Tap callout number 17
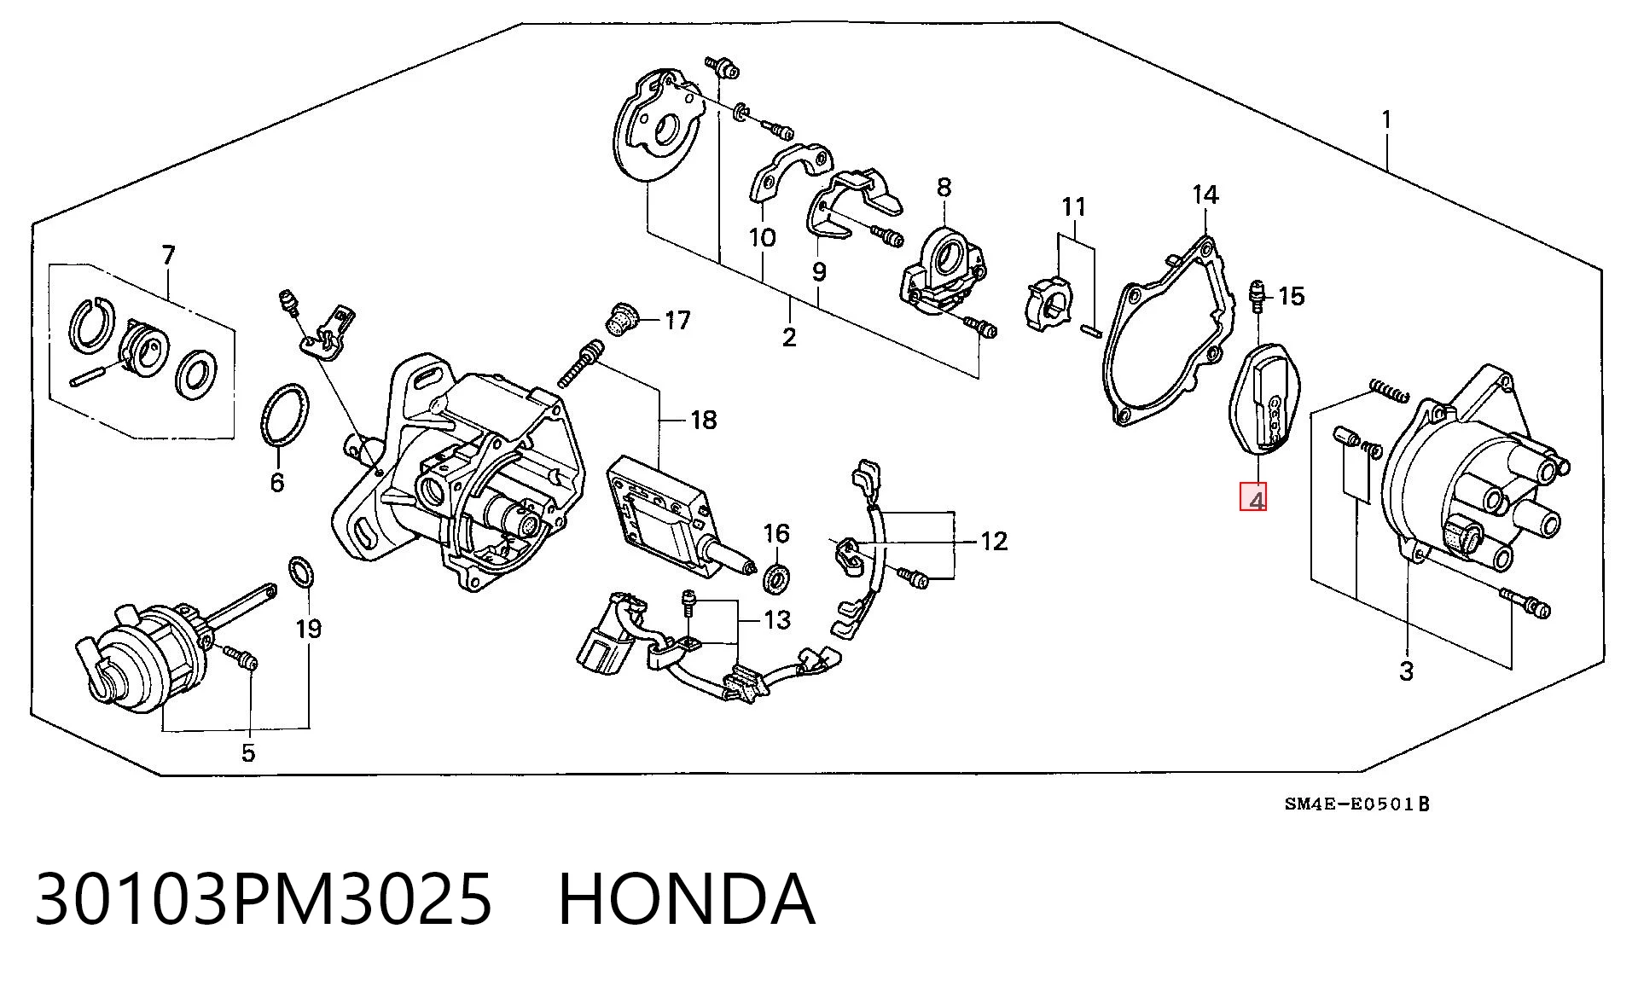pos(677,321)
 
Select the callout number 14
pos(1205,195)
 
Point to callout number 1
pos(1387,119)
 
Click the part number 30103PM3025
pos(264,899)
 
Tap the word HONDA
pos(687,899)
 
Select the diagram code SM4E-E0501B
pos(1357,804)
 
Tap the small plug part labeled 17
pos(619,319)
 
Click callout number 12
pos(994,541)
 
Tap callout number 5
pos(247,752)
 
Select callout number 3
pos(1406,671)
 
